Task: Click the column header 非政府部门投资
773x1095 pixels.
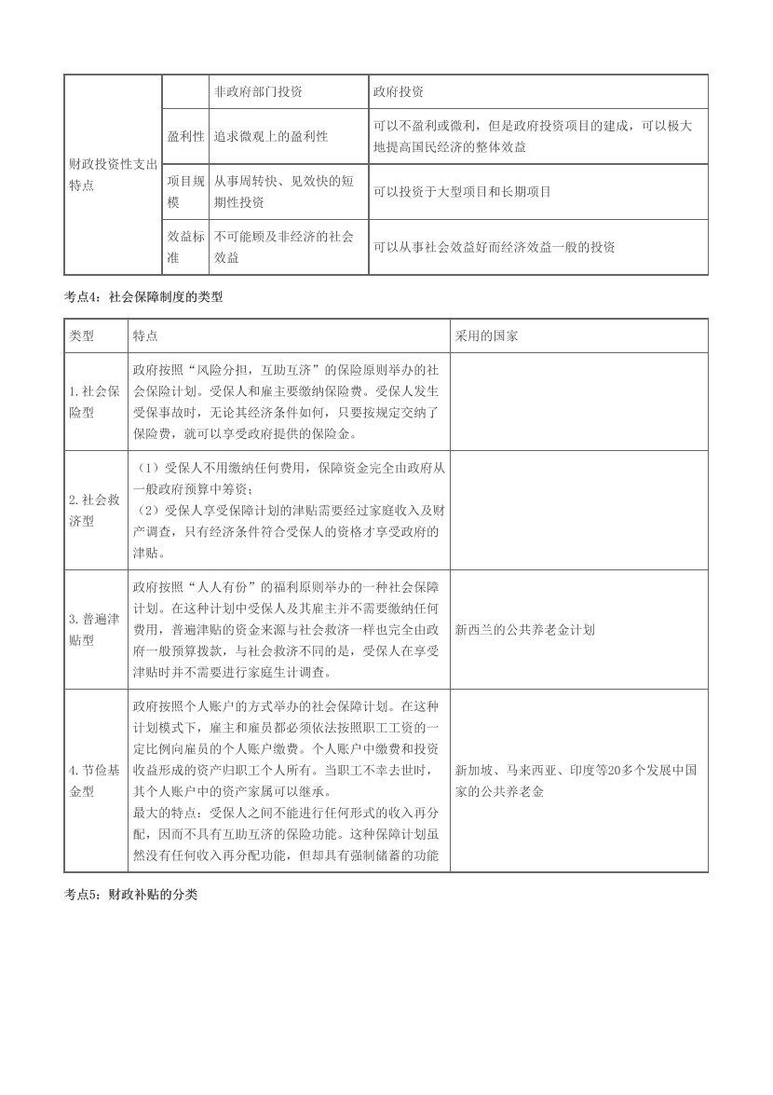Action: coord(258,92)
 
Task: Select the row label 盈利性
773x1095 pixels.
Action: coord(185,136)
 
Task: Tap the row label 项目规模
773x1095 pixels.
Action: coord(185,191)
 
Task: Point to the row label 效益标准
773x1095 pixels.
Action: coord(185,247)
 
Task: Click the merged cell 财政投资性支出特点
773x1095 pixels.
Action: coord(113,175)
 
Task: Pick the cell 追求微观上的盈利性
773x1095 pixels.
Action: coord(271,136)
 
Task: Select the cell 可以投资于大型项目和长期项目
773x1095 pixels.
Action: coord(462,191)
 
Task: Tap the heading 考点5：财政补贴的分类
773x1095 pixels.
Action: coord(130,893)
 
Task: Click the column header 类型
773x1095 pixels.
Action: coord(81,335)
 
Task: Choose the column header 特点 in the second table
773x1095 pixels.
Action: coord(145,335)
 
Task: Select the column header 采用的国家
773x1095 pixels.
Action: coord(486,335)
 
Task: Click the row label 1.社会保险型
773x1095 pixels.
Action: coord(94,402)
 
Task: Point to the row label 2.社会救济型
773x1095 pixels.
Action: coord(94,510)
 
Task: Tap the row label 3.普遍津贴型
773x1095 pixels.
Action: coord(94,629)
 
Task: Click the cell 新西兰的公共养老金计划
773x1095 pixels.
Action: coord(525,629)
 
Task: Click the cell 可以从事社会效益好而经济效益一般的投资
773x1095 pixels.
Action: coord(494,247)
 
